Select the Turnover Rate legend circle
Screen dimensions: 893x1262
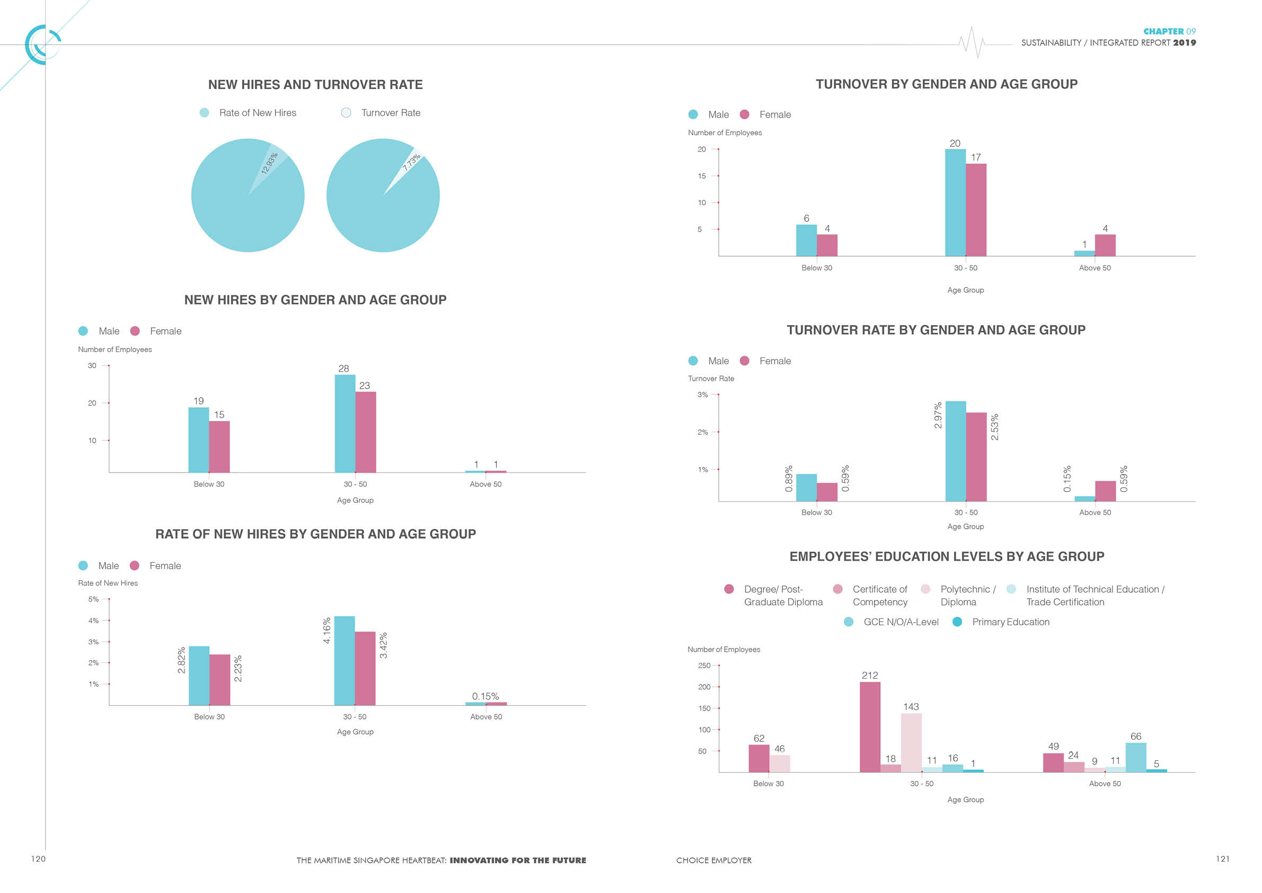pyautogui.click(x=346, y=113)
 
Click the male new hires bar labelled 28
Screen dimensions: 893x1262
pyautogui.click(x=345, y=423)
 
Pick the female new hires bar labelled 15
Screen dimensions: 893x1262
pyautogui.click(x=219, y=447)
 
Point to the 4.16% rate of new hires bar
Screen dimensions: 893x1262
pyautogui.click(x=344, y=660)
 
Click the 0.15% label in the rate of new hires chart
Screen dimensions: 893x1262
pyautogui.click(x=486, y=696)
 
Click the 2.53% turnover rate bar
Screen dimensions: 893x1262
pyautogui.click(x=976, y=457)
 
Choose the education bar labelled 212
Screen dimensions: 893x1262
pyautogui.click(x=870, y=726)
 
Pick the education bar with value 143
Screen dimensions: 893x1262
pyautogui.click(x=911, y=742)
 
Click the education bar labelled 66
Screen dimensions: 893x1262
pyautogui.click(x=1135, y=757)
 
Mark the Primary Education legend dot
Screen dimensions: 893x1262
pyautogui.click(x=957, y=622)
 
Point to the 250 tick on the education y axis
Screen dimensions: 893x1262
pyautogui.click(x=704, y=666)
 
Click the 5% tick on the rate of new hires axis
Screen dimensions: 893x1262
pyautogui.click(x=93, y=599)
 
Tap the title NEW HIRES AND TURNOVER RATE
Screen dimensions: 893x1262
pyautogui.click(x=315, y=85)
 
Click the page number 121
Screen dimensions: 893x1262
pyautogui.click(x=1222, y=859)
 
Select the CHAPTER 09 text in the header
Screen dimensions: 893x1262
pyautogui.click(x=1169, y=31)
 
